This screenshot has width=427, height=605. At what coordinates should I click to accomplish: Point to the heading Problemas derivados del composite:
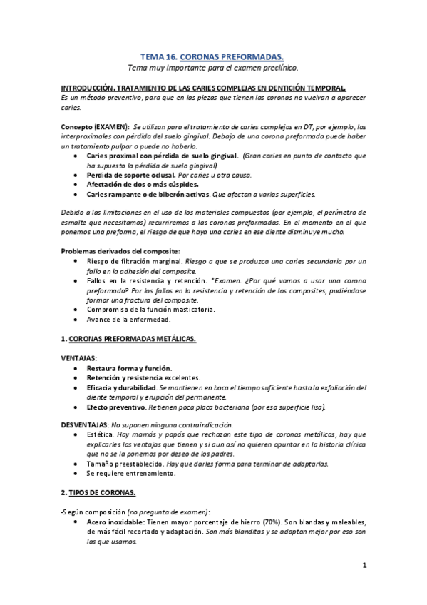(110, 251)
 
